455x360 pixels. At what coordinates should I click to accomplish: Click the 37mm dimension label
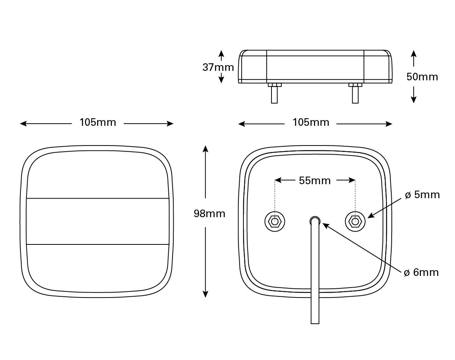[x=218, y=67]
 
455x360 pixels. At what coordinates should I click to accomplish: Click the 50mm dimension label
[x=422, y=77]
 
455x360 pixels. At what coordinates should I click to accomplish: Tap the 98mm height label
[x=209, y=214]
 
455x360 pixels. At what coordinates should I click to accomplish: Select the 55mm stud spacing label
[x=315, y=181]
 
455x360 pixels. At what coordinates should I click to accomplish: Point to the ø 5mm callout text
[x=422, y=195]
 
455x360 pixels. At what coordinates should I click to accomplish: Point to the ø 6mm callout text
[x=421, y=272]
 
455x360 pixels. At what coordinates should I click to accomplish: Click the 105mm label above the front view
[x=97, y=122]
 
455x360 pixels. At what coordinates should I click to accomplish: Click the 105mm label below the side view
[x=311, y=123]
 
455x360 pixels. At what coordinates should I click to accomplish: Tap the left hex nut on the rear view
[x=274, y=221]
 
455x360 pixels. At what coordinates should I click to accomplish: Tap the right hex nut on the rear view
[x=355, y=221]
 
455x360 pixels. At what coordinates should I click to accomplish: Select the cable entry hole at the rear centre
[x=315, y=220]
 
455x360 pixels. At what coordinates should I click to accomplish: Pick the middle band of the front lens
[x=97, y=221]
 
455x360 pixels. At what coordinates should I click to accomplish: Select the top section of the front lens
[x=97, y=174]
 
